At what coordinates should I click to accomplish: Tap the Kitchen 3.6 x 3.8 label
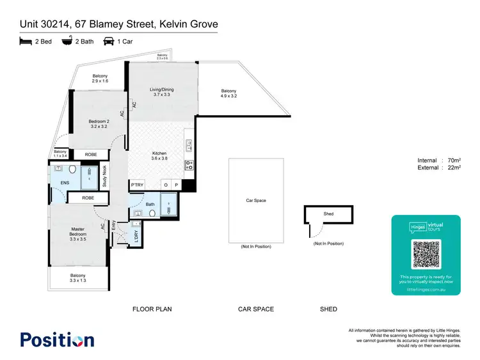(159, 155)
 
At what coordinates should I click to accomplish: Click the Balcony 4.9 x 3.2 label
(228, 93)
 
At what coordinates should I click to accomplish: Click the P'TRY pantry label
(137, 185)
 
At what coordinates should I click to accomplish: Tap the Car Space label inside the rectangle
(255, 201)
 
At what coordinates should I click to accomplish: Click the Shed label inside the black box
(328, 214)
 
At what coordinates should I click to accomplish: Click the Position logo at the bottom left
(57, 340)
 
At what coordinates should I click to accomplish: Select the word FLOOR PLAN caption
(152, 309)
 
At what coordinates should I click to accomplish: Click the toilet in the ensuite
(72, 170)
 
